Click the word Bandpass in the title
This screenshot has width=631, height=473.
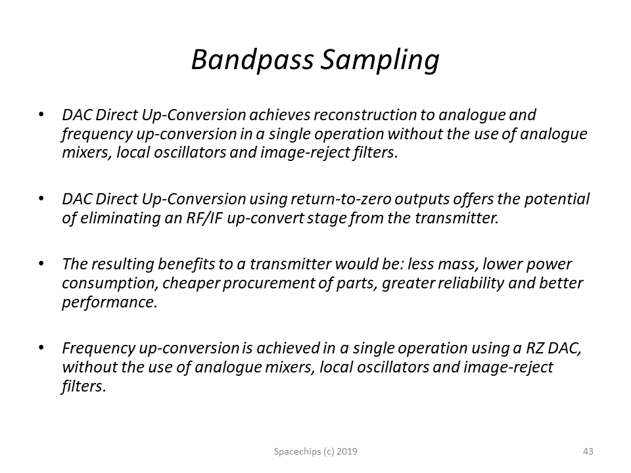pos(252,60)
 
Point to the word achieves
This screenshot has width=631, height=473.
pos(280,115)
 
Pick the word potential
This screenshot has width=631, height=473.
pos(557,200)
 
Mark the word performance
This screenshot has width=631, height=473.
pos(109,302)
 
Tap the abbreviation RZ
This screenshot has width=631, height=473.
pos(535,348)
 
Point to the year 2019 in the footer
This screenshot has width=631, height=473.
pos(347,451)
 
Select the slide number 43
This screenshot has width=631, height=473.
pos(588,451)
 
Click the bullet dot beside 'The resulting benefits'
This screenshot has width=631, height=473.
pos(41,264)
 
